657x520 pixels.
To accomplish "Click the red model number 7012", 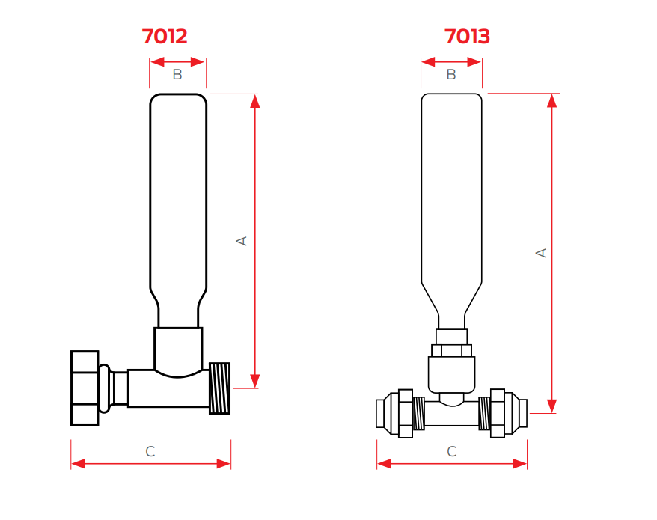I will (x=165, y=36).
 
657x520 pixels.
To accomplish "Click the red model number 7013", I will (x=467, y=36).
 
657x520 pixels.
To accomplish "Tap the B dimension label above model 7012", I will (x=177, y=74).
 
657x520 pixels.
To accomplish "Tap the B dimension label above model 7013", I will (x=451, y=74).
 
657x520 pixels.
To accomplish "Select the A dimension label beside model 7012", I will (x=242, y=240).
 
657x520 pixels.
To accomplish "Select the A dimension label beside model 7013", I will (x=541, y=253).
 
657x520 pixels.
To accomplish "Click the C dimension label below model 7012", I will (x=150, y=451).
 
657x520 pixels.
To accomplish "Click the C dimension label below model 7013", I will (x=451, y=451).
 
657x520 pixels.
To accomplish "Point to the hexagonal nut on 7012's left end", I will (x=85, y=388).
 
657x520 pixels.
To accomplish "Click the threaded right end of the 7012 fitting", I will (x=219, y=388).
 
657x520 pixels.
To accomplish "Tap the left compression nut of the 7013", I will (x=406, y=413).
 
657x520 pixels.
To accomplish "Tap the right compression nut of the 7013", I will (x=498, y=413).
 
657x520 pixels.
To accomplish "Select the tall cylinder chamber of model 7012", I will (x=178, y=195).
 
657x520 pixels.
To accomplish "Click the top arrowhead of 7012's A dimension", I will (x=255, y=101).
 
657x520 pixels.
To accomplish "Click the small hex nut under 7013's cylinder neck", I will (x=451, y=349).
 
